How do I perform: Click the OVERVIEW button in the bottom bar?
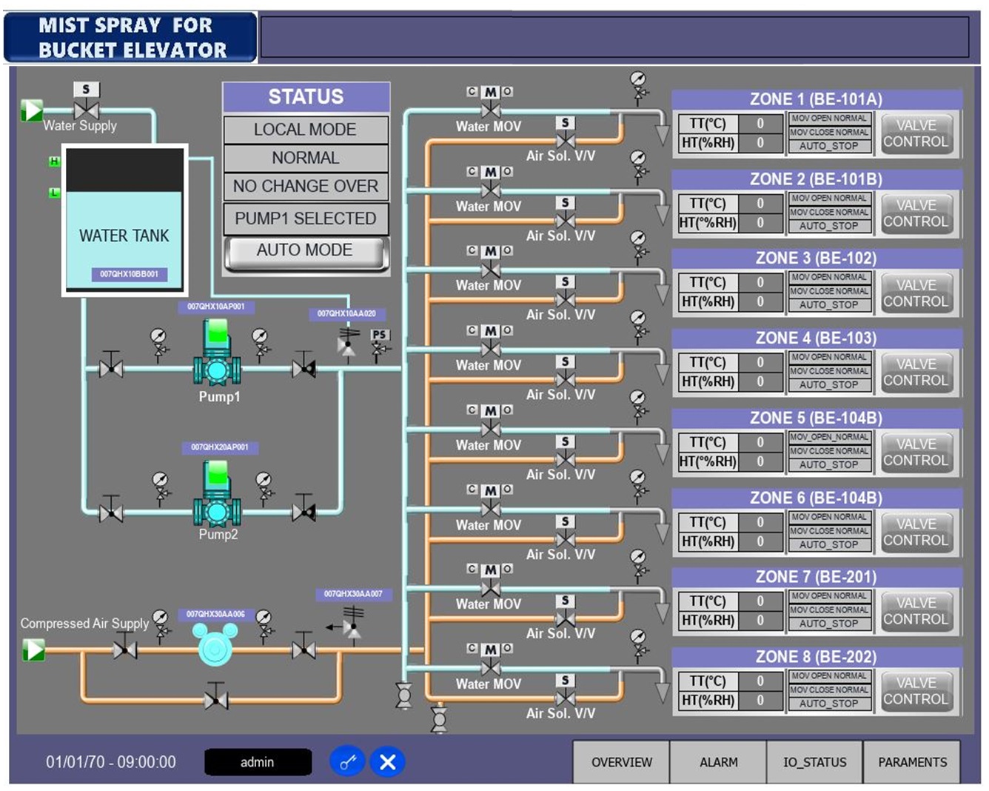621,762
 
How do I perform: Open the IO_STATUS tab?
814,762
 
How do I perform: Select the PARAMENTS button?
912,762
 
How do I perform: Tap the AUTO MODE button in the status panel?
305,251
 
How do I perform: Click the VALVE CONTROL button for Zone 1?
916,134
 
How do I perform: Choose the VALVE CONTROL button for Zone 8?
916,691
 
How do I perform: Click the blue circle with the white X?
387,762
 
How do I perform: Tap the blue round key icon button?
347,762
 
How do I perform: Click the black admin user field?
258,762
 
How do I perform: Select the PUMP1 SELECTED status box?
305,218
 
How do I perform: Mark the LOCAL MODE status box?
305,130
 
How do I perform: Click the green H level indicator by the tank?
54,161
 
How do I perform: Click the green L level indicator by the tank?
54,193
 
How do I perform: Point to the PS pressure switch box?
380,335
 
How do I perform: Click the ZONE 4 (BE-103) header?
816,338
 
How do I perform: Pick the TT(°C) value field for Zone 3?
760,282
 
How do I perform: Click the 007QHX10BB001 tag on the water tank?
129,274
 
